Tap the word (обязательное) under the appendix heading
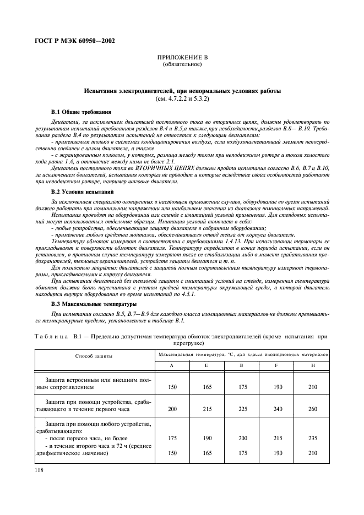tap(182, 65)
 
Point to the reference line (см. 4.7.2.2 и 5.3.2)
tap(182, 98)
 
